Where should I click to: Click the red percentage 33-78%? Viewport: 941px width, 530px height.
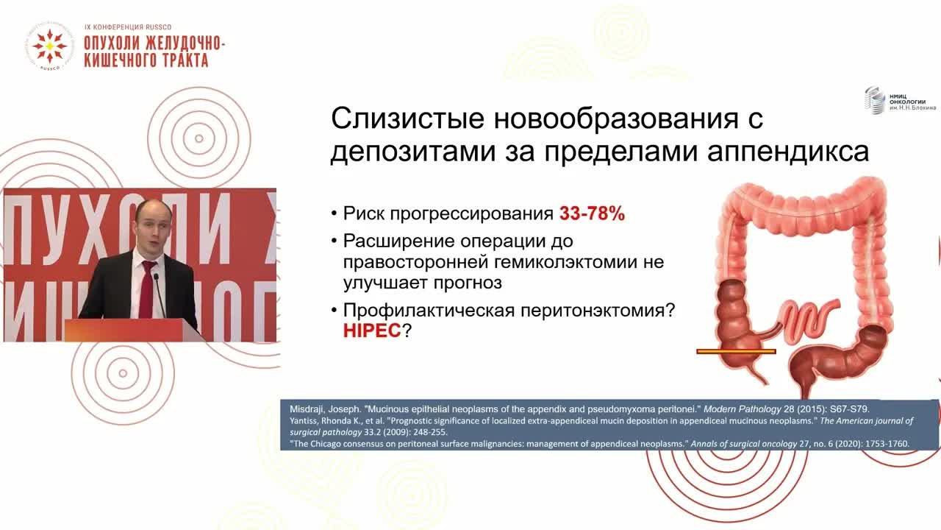point(592,214)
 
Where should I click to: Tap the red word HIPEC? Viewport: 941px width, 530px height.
point(371,331)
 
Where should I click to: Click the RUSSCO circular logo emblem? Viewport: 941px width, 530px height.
point(50,46)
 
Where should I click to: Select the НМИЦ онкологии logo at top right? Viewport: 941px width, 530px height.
point(899,101)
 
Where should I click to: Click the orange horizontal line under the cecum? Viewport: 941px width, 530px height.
point(736,352)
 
